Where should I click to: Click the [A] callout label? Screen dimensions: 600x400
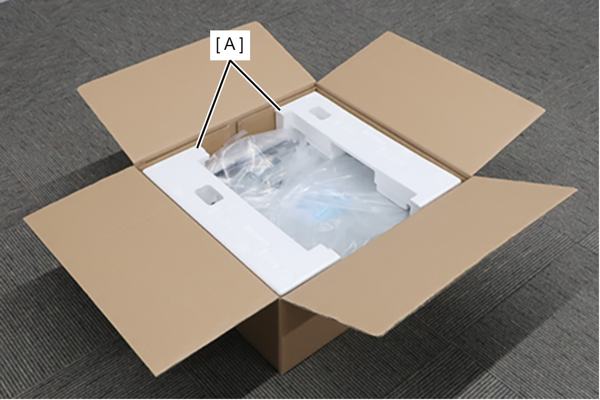pyautogui.click(x=230, y=45)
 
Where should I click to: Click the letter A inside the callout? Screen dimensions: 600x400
pyautogui.click(x=230, y=45)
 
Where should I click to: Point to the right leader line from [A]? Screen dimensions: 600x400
pyautogui.click(x=255, y=85)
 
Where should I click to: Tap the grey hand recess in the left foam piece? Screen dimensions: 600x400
pyautogui.click(x=209, y=195)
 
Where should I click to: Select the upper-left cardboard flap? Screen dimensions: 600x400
pyautogui.click(x=193, y=88)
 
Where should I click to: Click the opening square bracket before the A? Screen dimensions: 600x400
pyautogui.click(x=218, y=45)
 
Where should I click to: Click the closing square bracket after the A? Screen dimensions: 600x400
pyautogui.click(x=242, y=45)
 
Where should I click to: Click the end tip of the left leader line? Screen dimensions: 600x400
pyautogui.click(x=197, y=148)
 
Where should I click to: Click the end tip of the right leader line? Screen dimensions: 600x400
pyautogui.click(x=280, y=110)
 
